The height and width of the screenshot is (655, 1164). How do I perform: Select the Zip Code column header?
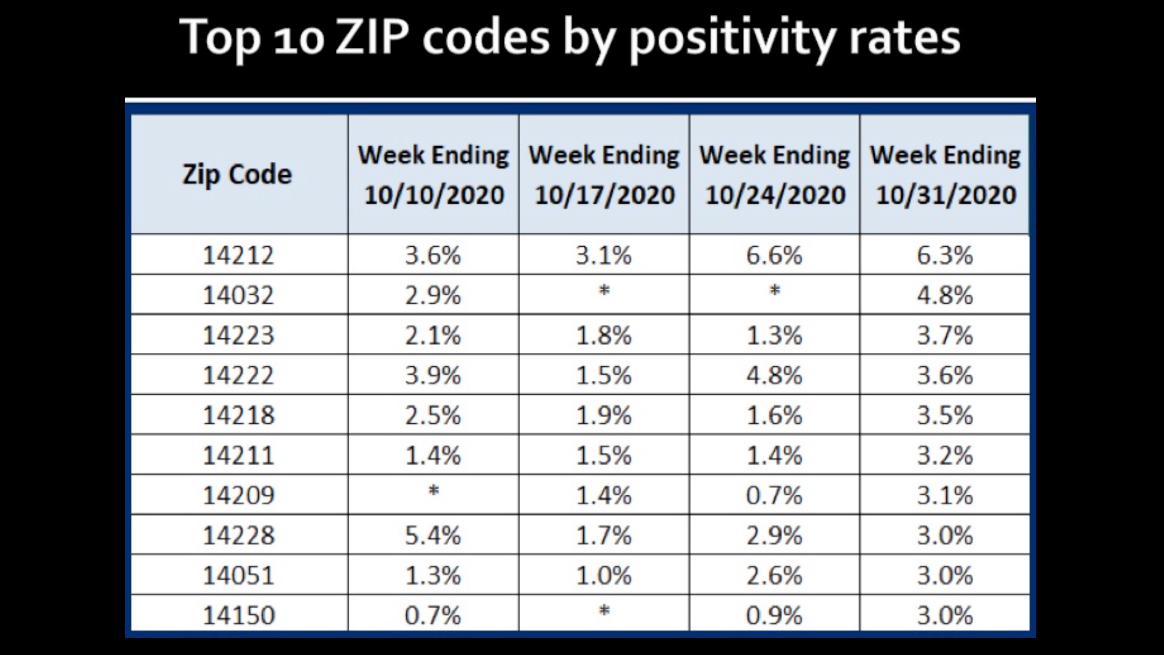click(238, 175)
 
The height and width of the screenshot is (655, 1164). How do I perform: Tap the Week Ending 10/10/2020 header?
click(433, 175)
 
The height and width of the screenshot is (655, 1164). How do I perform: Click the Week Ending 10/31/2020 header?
click(945, 175)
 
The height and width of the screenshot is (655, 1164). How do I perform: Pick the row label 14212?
click(238, 255)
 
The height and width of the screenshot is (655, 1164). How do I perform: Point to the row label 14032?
click(238, 295)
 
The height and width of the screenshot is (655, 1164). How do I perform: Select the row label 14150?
click(238, 615)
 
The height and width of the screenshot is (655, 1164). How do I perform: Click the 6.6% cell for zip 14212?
click(774, 255)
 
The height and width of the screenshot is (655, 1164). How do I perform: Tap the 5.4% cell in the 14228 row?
click(433, 535)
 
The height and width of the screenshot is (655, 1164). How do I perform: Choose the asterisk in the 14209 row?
click(433, 491)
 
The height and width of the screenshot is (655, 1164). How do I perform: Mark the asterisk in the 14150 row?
click(604, 611)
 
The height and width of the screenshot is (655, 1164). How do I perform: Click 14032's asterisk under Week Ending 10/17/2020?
click(604, 291)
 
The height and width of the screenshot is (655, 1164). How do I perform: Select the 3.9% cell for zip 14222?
click(433, 375)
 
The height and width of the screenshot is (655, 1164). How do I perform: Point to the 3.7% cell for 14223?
click(945, 335)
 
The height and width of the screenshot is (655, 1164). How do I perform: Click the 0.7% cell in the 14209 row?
click(774, 495)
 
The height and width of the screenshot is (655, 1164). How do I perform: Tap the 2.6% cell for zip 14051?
click(774, 575)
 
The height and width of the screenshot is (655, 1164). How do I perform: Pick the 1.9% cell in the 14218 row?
click(604, 415)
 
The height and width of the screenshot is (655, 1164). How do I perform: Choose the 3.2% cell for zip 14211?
click(945, 455)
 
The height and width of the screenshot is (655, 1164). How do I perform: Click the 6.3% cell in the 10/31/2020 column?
click(945, 255)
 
